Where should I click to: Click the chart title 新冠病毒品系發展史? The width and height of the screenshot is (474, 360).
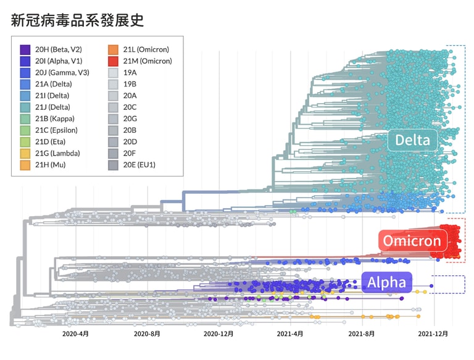pos(78,20)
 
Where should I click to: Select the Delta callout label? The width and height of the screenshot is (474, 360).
pos(412,141)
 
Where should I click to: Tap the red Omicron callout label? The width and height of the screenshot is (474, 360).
pos(412,241)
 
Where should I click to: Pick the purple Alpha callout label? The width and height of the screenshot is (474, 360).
pos(387,283)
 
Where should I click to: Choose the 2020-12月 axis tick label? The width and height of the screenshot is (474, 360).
pos(219,334)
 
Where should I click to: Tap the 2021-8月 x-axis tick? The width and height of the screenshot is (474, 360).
pos(362,334)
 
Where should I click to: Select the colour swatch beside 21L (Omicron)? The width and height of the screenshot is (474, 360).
pos(113,49)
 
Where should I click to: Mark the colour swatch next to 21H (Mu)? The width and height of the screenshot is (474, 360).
pos(25,165)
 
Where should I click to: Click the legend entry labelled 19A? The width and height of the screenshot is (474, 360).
pos(130,73)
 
